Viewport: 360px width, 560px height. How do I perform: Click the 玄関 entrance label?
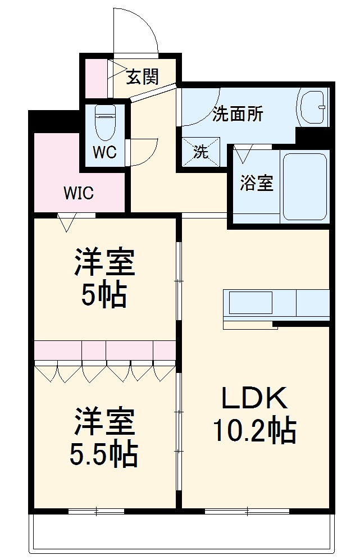pos(142,76)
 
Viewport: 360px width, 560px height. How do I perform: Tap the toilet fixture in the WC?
pos(105,122)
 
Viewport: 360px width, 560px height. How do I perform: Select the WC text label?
pos(104,153)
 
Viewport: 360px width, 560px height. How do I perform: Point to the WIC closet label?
pos(78,194)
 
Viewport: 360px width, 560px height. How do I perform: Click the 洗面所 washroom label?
pos(238,115)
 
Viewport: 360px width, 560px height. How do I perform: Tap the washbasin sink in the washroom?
pos(312,106)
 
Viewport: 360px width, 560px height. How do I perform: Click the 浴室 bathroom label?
pos(257,183)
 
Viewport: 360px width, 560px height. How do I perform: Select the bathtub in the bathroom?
pos(306,185)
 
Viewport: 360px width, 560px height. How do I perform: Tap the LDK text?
pos(254,399)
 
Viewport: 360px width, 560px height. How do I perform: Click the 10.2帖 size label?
pos(254,431)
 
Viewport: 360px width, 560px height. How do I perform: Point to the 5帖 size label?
pos(104,294)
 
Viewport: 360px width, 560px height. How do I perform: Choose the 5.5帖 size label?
pos(104,455)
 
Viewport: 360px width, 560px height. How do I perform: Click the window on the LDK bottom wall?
pos(247,511)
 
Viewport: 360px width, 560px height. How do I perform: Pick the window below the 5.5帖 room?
pos(96,511)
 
